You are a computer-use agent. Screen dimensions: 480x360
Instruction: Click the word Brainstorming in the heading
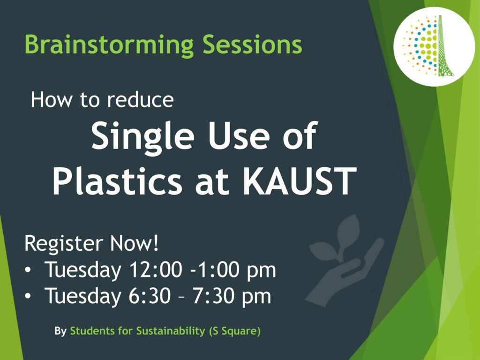pyautogui.click(x=109, y=45)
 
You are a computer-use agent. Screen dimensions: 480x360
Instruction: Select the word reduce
pyautogui.click(x=141, y=100)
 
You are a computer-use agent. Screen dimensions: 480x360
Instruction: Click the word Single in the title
pyautogui.click(x=142, y=136)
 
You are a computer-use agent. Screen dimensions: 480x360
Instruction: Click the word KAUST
pyautogui.click(x=300, y=181)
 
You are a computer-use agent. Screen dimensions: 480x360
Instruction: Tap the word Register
pyautogui.click(x=63, y=244)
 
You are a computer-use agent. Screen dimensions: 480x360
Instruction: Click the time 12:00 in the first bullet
pyautogui.click(x=156, y=270)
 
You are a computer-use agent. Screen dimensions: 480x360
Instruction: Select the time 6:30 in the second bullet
pyautogui.click(x=150, y=296)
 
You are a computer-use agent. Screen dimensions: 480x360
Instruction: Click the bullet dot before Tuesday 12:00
pyautogui.click(x=28, y=270)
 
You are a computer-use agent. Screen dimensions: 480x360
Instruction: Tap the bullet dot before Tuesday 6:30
pyautogui.click(x=28, y=296)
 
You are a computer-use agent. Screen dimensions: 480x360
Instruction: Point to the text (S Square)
pyautogui.click(x=235, y=331)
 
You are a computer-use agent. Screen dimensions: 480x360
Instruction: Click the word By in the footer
pyautogui.click(x=60, y=331)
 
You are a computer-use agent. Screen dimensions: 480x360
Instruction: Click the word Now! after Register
pyautogui.click(x=135, y=243)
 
